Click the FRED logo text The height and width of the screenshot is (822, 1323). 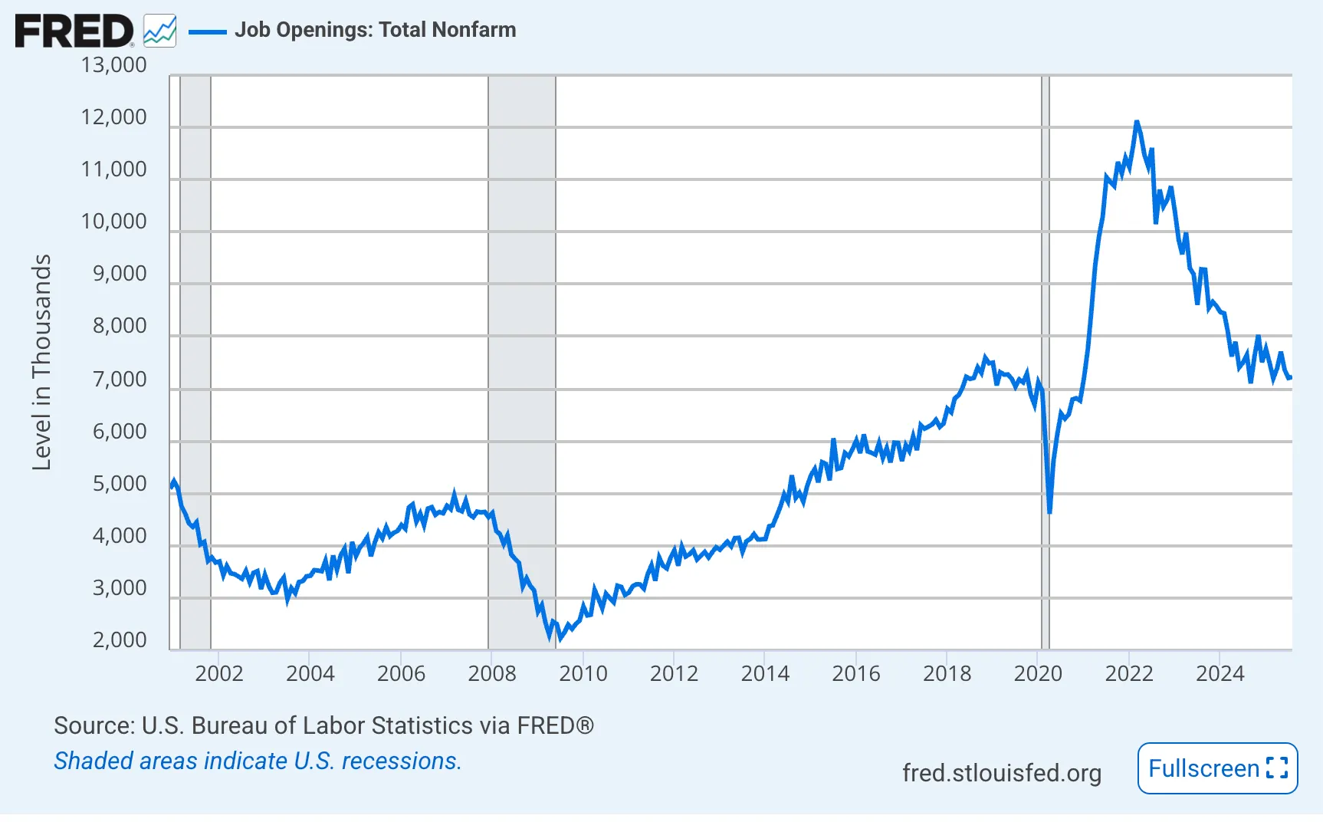[x=74, y=31]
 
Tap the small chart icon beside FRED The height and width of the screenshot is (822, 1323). [x=159, y=31]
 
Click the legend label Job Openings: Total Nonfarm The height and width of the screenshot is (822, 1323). [x=375, y=30]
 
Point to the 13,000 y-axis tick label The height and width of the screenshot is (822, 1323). [x=113, y=65]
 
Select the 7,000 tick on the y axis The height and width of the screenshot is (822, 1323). [x=119, y=380]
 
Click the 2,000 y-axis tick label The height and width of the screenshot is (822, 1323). [x=119, y=640]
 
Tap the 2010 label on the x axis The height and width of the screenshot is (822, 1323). [x=583, y=674]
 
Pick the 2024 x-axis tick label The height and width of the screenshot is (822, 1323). [x=1220, y=674]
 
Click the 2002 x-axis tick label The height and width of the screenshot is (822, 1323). [x=218, y=674]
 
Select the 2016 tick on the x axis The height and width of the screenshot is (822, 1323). [x=855, y=674]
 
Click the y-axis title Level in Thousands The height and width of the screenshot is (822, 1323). [x=41, y=362]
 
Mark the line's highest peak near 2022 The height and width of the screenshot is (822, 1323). [x=1137, y=123]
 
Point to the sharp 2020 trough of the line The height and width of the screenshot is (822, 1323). [x=1049, y=511]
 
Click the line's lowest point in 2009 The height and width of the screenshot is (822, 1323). [x=550, y=637]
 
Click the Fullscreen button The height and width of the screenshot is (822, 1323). [x=1217, y=768]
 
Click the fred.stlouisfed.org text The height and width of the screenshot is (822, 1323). [x=1001, y=773]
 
